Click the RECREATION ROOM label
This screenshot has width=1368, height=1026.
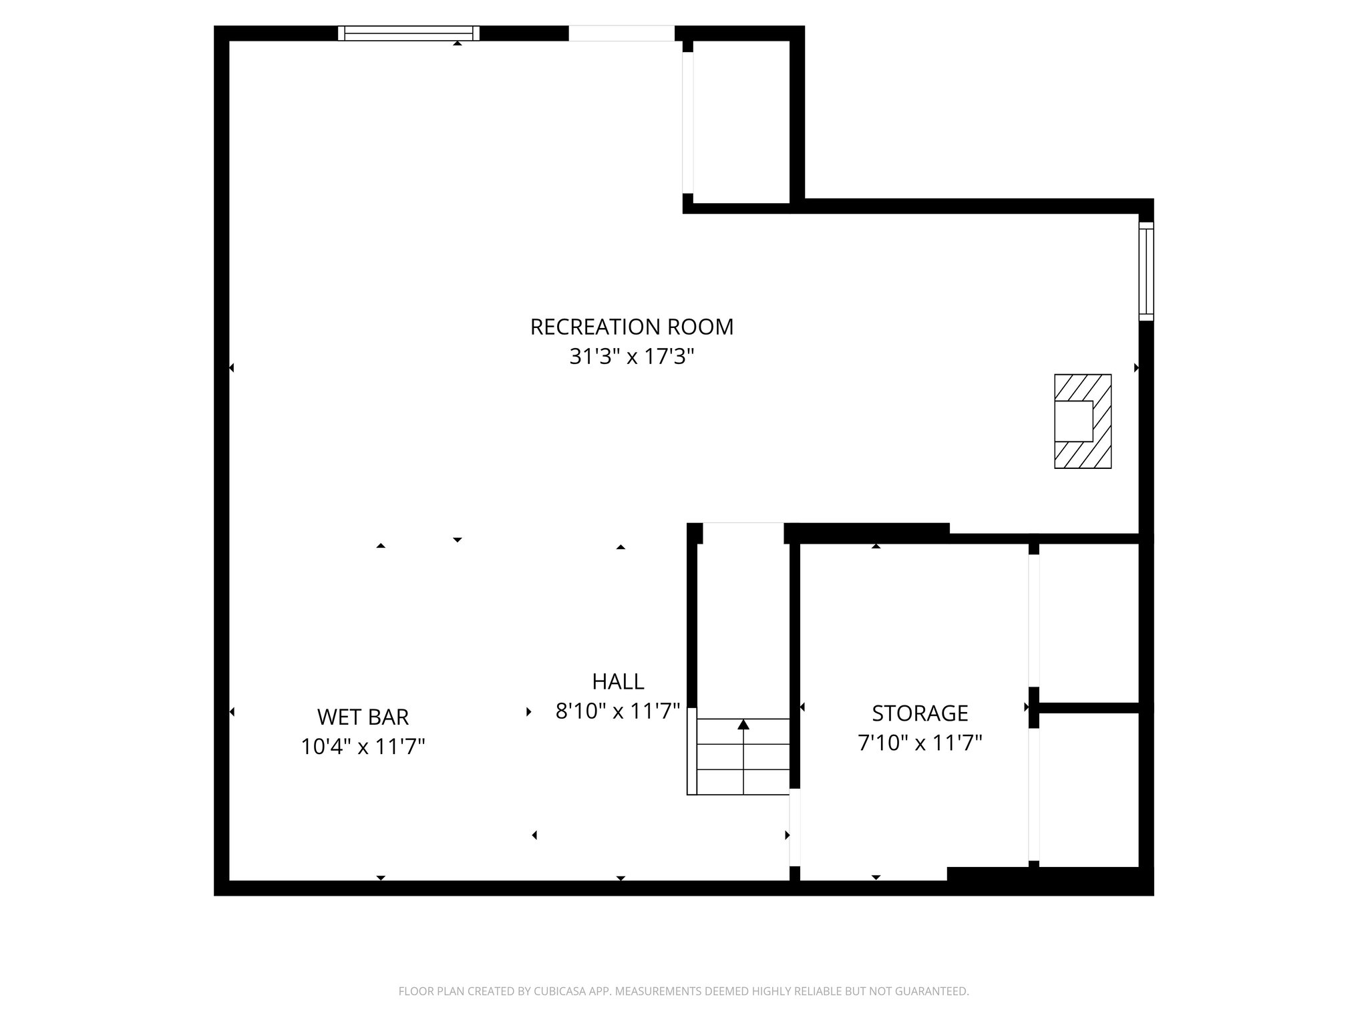pos(631,327)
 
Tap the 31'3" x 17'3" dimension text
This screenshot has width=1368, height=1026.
pos(631,357)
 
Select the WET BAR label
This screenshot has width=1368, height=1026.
pos(363,717)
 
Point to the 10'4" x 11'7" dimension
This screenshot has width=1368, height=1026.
pos(363,746)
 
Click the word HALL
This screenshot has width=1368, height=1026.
pos(618,681)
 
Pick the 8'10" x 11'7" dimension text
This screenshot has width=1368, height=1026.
pos(618,711)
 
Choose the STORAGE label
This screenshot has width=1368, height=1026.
pos(920,713)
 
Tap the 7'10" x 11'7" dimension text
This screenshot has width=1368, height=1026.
pos(920,743)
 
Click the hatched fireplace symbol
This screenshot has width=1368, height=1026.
pos(1082,421)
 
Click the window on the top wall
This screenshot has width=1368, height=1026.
pos(408,33)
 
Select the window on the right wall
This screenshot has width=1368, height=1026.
pos(1146,271)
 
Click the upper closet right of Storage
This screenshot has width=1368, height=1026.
pos(1088,623)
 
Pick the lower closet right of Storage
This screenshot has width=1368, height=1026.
pos(1088,790)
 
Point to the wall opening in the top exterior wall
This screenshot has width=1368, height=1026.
pos(621,33)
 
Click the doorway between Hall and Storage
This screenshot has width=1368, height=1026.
pos(795,827)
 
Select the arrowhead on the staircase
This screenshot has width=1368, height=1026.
pos(743,725)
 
